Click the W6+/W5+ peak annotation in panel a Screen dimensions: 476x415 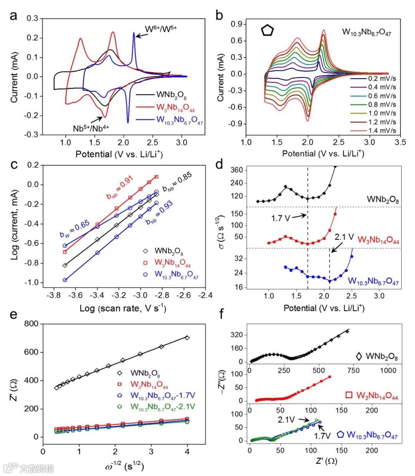[160, 29]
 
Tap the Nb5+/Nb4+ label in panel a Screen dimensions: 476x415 [91, 128]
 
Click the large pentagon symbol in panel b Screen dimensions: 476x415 [267, 30]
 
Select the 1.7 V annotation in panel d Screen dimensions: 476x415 [280, 218]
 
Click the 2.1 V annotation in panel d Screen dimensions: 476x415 [344, 237]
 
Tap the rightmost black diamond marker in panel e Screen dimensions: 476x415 [187, 338]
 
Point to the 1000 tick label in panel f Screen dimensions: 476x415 [388, 370]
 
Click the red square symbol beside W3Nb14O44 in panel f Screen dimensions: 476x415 [349, 395]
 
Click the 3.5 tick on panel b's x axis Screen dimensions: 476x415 [401, 142]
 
